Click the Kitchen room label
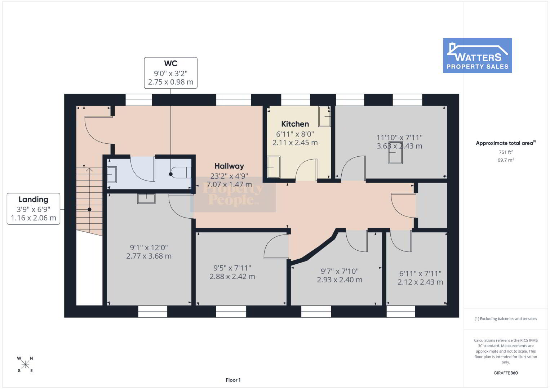(295, 124)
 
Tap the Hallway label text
(229, 166)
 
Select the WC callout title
(170, 63)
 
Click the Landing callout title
(34, 200)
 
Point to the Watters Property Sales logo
(477, 55)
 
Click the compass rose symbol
(25, 365)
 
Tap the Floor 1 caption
(233, 380)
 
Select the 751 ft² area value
(506, 152)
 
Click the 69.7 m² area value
(506, 160)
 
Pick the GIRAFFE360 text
(506, 373)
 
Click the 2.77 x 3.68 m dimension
(149, 256)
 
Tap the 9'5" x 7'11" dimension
(232, 268)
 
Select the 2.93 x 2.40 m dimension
(340, 280)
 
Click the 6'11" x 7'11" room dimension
(420, 273)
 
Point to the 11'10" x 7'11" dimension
(399, 138)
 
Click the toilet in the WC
(181, 173)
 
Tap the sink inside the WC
(112, 174)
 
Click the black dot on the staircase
(89, 209)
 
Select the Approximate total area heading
(506, 143)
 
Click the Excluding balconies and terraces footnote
(506, 319)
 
